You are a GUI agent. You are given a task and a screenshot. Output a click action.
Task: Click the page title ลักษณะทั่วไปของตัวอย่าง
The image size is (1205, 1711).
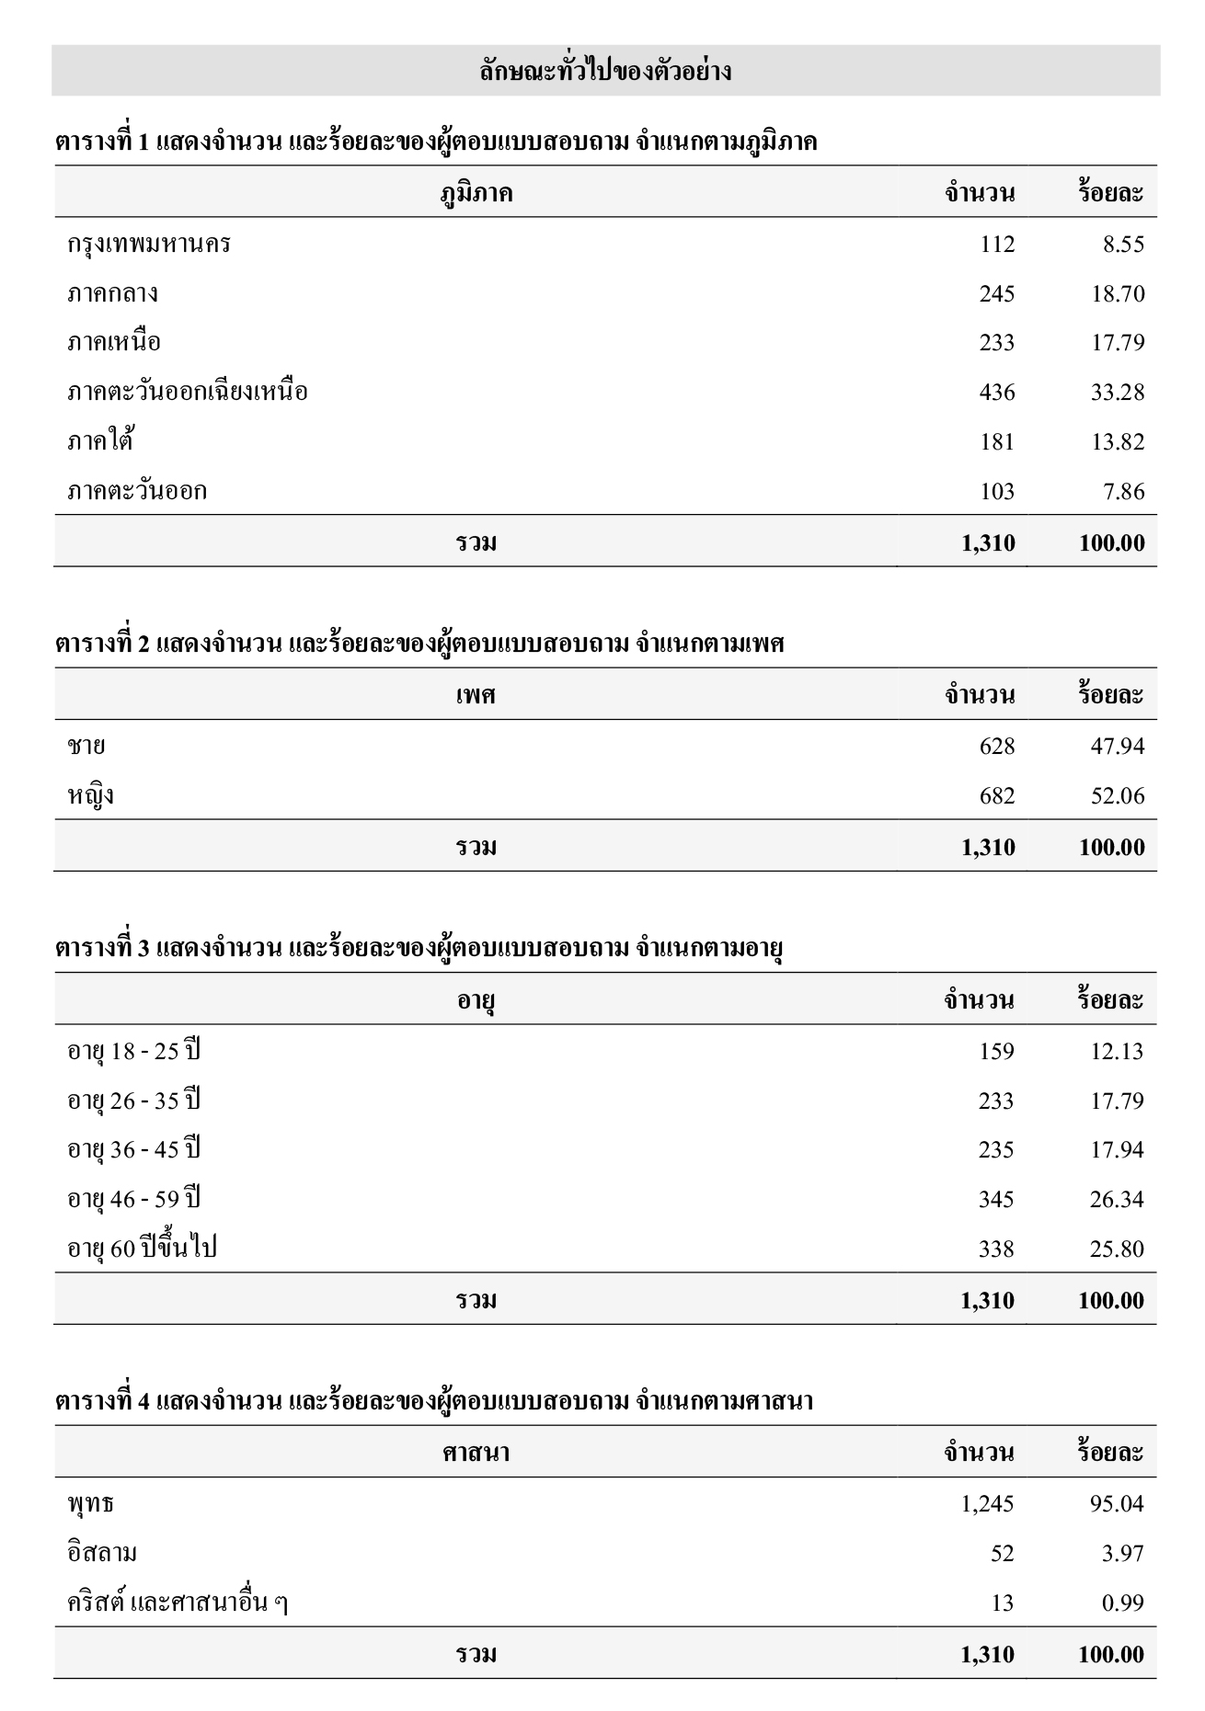pyautogui.click(x=605, y=71)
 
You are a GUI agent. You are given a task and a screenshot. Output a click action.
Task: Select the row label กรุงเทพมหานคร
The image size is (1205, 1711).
pyautogui.click(x=149, y=245)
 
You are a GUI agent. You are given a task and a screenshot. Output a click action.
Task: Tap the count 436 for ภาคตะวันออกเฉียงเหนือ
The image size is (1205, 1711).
pyautogui.click(x=996, y=393)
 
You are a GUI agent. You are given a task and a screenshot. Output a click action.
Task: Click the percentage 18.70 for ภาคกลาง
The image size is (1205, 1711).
pyautogui.click(x=1118, y=294)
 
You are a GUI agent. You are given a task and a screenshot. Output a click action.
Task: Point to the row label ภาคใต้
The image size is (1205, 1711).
pyautogui.click(x=100, y=441)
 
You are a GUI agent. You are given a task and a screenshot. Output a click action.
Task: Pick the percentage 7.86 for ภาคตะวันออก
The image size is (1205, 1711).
pyautogui.click(x=1123, y=492)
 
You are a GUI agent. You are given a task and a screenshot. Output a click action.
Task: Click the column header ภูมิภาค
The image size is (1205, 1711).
pyautogui.click(x=476, y=193)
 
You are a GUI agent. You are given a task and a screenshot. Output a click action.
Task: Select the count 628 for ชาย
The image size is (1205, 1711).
pyautogui.click(x=996, y=746)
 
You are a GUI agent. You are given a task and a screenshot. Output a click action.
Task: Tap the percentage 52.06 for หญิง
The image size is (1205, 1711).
pyautogui.click(x=1118, y=796)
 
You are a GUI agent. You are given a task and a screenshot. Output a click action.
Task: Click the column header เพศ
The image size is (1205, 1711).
pyautogui.click(x=476, y=695)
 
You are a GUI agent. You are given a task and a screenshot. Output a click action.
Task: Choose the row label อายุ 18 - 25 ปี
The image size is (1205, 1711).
pyautogui.click(x=133, y=1051)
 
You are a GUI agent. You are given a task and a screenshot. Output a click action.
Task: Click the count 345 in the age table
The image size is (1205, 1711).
pyautogui.click(x=996, y=1200)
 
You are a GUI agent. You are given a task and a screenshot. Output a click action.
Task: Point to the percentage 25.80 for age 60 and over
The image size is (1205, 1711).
pyautogui.click(x=1117, y=1249)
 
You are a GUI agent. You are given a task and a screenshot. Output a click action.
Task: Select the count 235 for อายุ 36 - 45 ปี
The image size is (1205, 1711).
pyautogui.click(x=996, y=1150)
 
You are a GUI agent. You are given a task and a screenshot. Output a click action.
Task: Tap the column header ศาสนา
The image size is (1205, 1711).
pyautogui.click(x=476, y=1453)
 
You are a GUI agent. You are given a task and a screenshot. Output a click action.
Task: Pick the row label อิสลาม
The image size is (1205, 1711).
pyautogui.click(x=102, y=1554)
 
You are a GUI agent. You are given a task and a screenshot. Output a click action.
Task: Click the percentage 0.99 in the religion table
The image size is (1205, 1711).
pyautogui.click(x=1123, y=1603)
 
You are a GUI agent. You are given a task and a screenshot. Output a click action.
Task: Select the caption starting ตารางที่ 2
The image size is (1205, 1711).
pyautogui.click(x=419, y=644)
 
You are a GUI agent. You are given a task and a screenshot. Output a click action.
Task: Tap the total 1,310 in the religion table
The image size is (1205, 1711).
pyautogui.click(x=987, y=1655)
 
